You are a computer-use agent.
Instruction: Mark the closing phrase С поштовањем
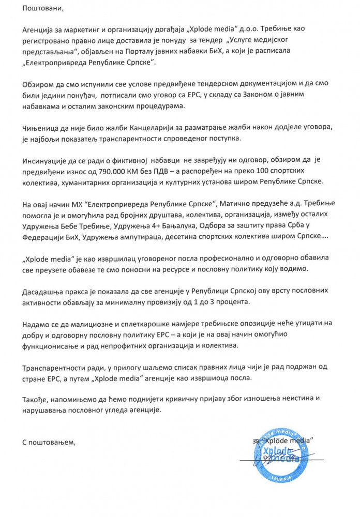(x=49, y=443)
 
